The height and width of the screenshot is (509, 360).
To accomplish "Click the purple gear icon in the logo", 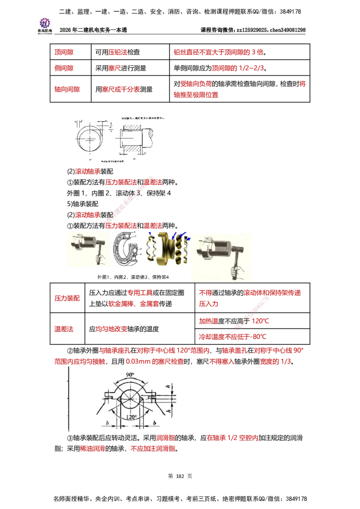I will coord(45,22).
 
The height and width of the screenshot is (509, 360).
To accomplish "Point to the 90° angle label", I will coord(130,375).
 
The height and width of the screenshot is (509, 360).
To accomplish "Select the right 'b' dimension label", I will coord(154,423).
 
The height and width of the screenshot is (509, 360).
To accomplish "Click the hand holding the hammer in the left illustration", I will coord(102,259).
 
